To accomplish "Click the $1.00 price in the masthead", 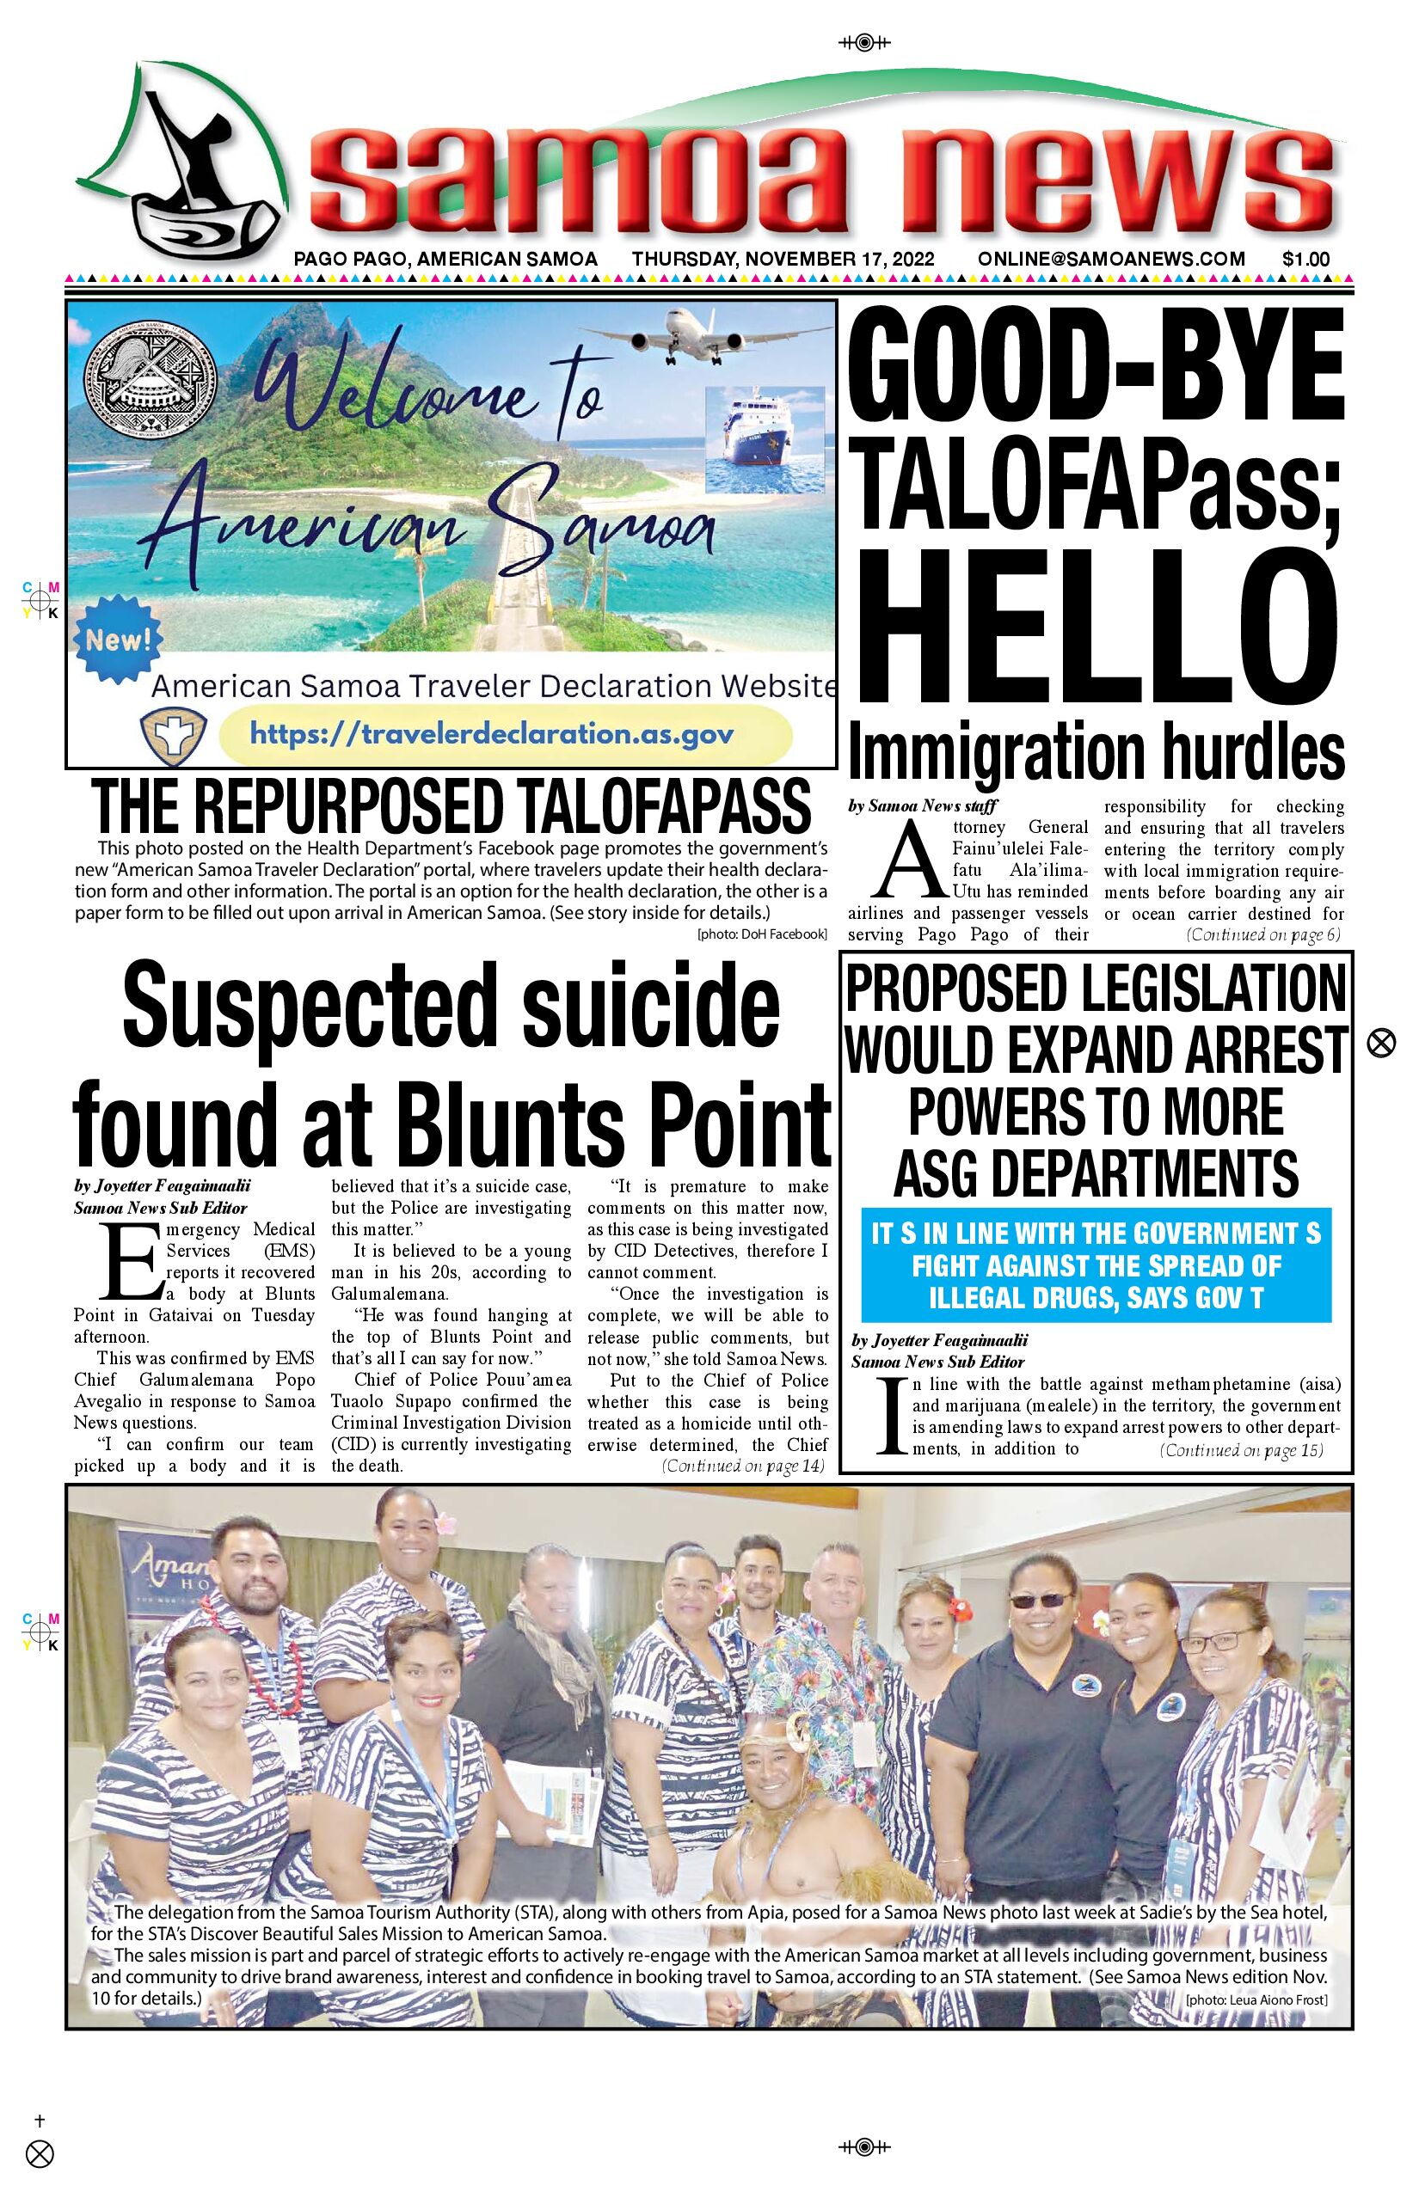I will tap(1305, 259).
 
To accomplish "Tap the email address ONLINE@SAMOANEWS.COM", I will tap(1111, 259).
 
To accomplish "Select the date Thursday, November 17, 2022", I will tap(783, 259).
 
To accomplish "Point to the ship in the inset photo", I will tap(763, 440).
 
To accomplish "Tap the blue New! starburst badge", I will tap(117, 640).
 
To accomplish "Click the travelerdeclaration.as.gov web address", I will tap(492, 734).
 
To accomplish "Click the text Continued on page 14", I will tap(743, 1466).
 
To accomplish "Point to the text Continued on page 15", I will tap(1241, 1449).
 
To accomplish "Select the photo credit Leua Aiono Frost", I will tap(1256, 1999).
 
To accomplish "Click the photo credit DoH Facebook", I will tap(762, 934).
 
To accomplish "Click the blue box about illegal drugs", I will tap(1096, 1264).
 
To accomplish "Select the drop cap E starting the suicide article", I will tap(131, 1260).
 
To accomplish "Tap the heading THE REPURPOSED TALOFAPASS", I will tap(451, 807).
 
